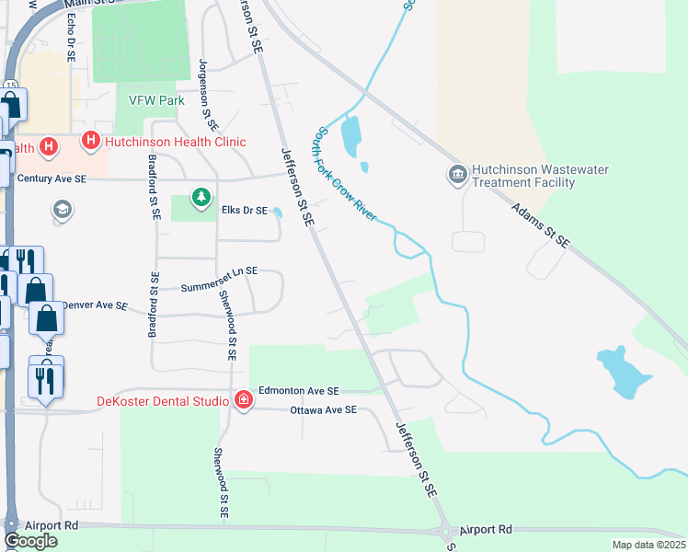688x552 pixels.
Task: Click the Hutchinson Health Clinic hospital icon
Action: click(x=90, y=141)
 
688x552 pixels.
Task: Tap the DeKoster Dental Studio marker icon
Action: click(x=244, y=400)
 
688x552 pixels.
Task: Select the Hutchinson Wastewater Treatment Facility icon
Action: click(x=457, y=175)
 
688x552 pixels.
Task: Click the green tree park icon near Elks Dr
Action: click(x=201, y=197)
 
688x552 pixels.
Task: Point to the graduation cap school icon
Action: click(x=63, y=210)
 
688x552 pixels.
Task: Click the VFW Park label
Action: click(x=155, y=101)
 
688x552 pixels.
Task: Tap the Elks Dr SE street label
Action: click(x=244, y=211)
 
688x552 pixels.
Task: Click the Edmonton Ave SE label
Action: click(x=298, y=391)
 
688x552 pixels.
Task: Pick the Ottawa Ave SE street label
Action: click(x=323, y=409)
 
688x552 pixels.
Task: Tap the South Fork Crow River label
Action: click(x=348, y=173)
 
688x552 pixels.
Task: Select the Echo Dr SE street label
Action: click(x=70, y=37)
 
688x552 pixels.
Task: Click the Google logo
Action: click(x=30, y=541)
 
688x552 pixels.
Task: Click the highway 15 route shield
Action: click(x=10, y=85)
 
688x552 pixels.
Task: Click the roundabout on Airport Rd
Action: click(x=448, y=531)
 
